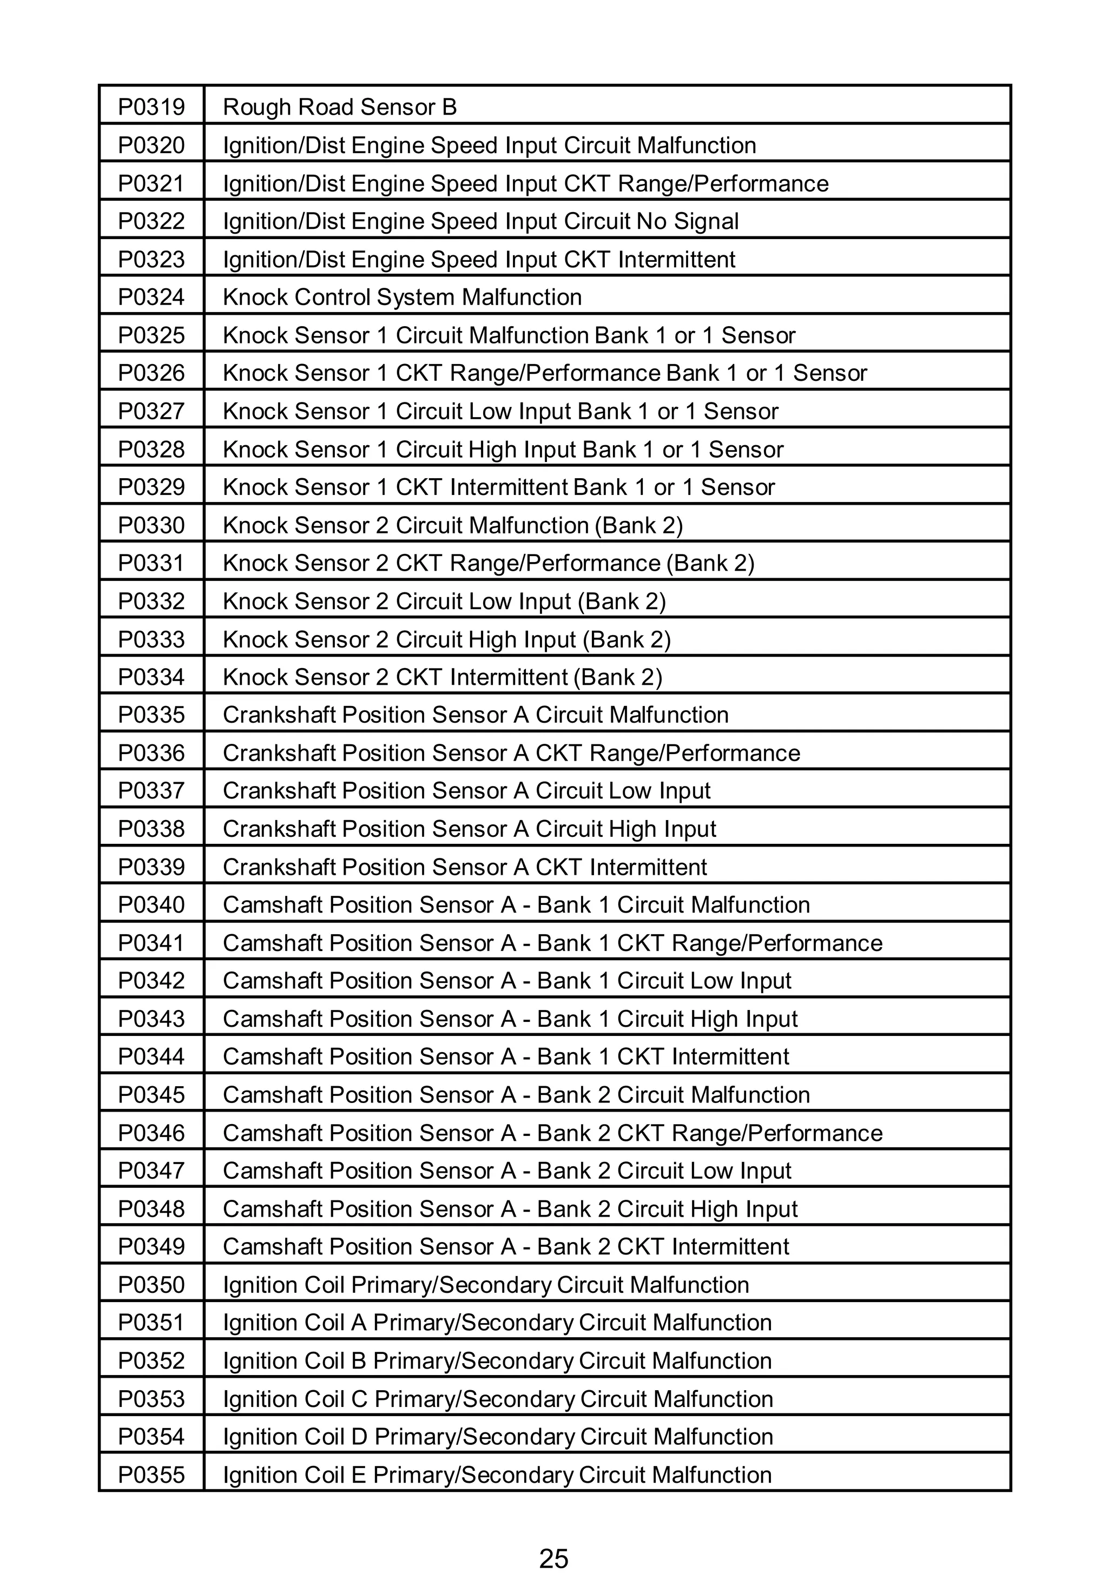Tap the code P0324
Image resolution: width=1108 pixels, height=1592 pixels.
tap(151, 298)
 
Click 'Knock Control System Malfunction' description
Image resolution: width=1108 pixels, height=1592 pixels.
tap(402, 298)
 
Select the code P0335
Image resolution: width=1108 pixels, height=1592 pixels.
tap(151, 715)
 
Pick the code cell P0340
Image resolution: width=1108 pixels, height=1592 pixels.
tap(151, 905)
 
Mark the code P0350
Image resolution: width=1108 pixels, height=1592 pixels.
tap(151, 1285)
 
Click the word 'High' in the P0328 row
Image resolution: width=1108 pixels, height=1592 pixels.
tap(492, 450)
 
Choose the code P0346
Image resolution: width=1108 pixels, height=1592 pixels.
tap(151, 1133)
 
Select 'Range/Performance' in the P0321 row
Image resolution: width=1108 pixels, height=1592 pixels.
tap(722, 184)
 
